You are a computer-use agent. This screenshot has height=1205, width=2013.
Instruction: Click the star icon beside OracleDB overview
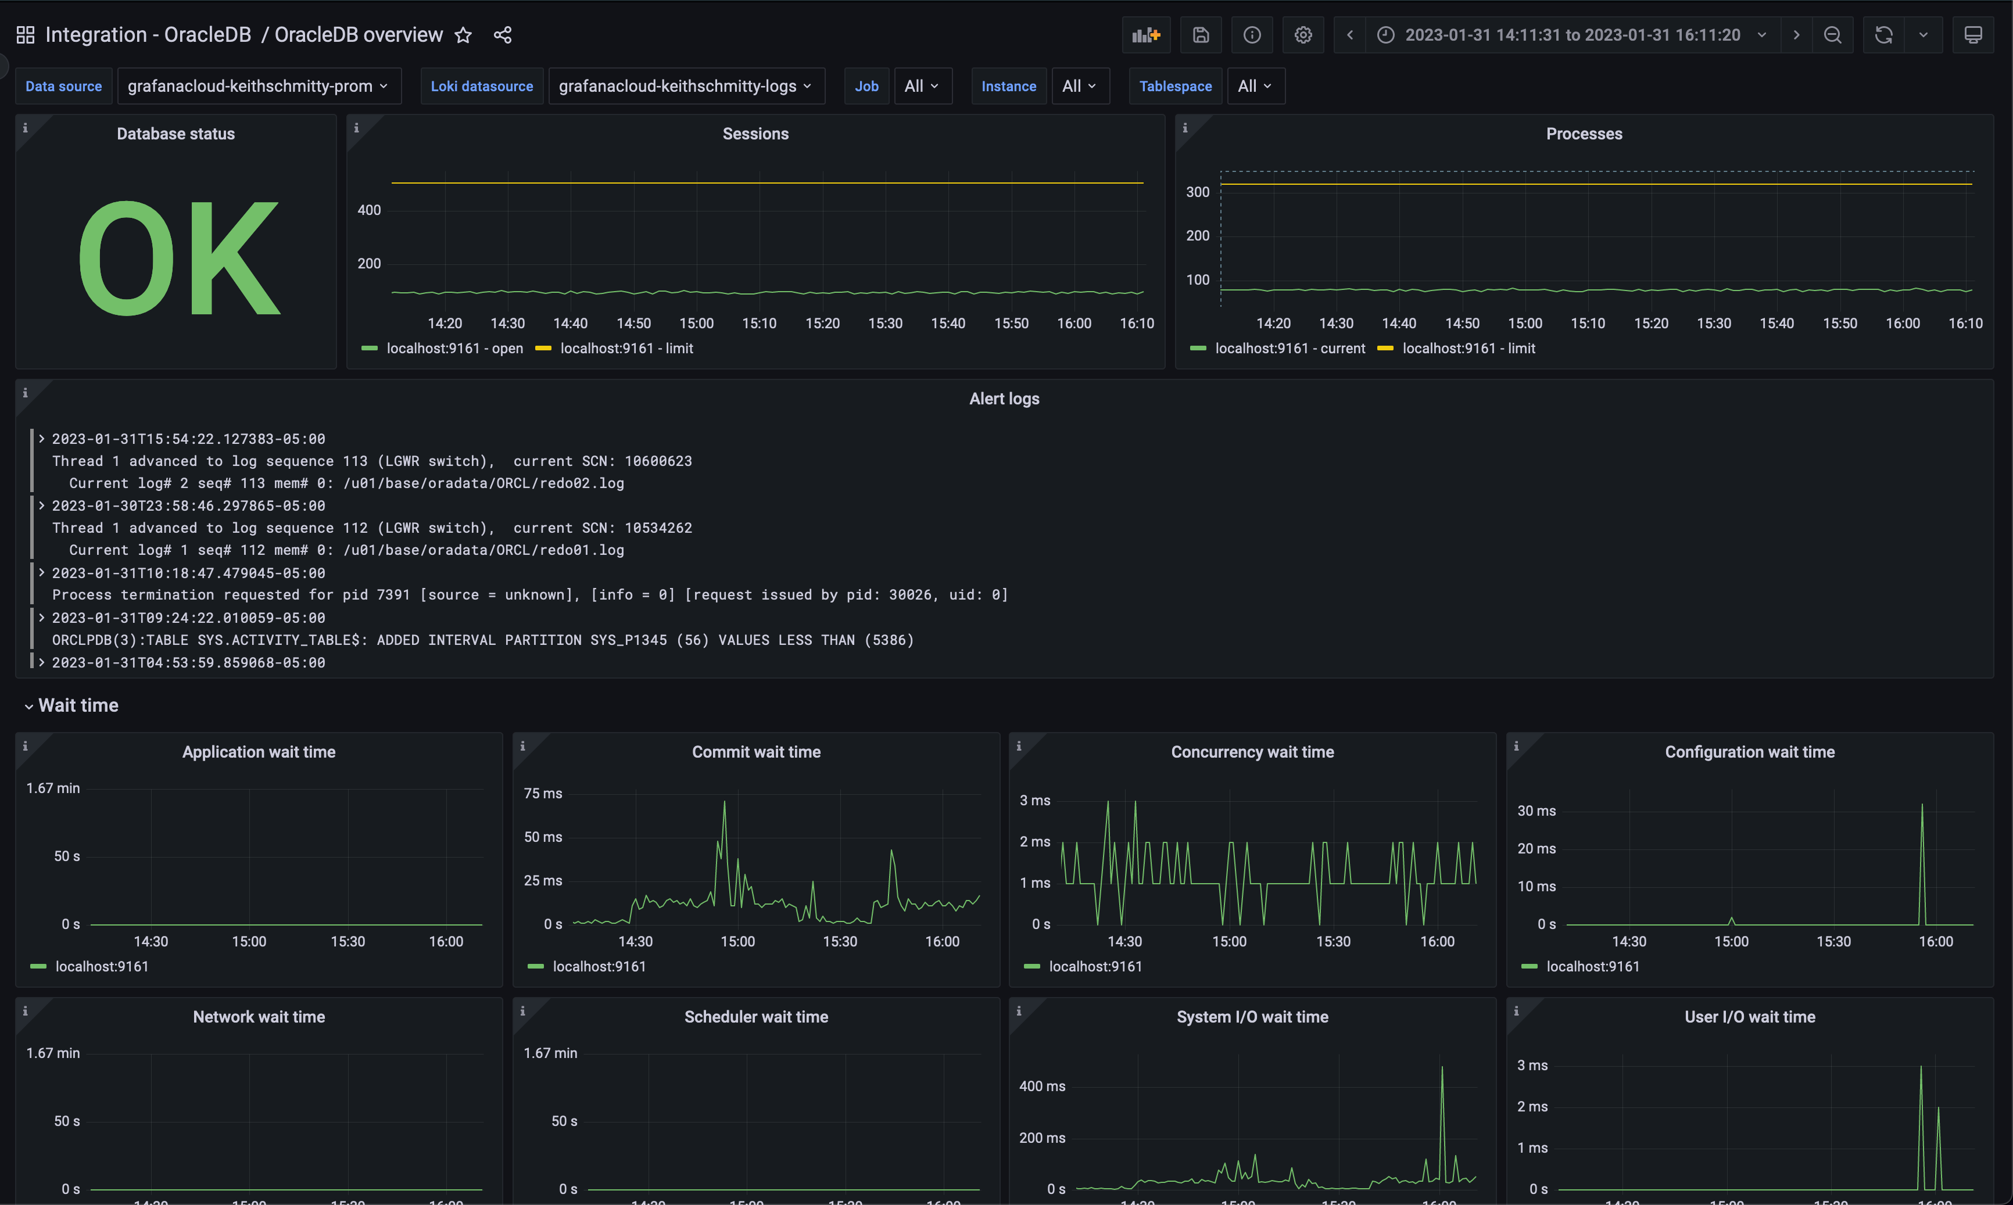pos(463,35)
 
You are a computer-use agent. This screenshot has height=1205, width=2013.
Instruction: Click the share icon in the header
pos(503,35)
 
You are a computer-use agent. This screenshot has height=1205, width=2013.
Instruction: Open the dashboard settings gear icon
pos(1302,35)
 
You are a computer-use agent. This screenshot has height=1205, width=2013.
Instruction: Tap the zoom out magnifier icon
pos(1832,35)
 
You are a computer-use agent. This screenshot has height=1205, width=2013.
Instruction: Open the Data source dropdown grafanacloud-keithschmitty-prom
pos(257,86)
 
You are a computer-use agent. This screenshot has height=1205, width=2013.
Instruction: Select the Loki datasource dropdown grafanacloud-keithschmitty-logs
pos(685,86)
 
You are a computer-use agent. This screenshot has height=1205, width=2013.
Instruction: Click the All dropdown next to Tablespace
pos(1255,86)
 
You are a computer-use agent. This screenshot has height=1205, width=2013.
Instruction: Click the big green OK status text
pos(178,258)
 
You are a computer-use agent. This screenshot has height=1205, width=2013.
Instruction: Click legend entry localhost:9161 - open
pos(454,349)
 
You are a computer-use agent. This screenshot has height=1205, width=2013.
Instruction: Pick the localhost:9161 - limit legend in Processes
pos(1468,349)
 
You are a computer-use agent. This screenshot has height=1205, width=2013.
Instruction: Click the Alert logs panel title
pos(1004,399)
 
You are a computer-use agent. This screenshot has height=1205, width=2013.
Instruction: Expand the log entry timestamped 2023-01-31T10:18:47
pos(41,572)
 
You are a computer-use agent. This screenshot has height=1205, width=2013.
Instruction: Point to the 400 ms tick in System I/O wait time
pos(1042,1086)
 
